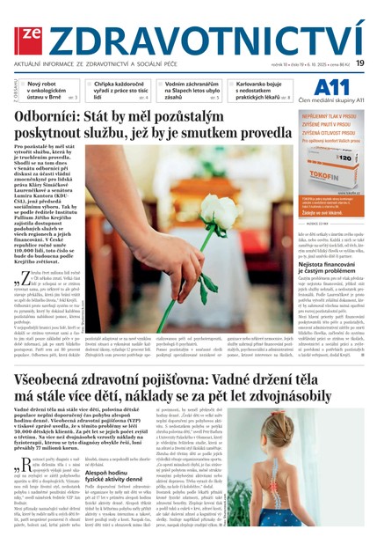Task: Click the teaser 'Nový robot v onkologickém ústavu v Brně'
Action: coord(54,90)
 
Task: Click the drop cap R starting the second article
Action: coord(20,465)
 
